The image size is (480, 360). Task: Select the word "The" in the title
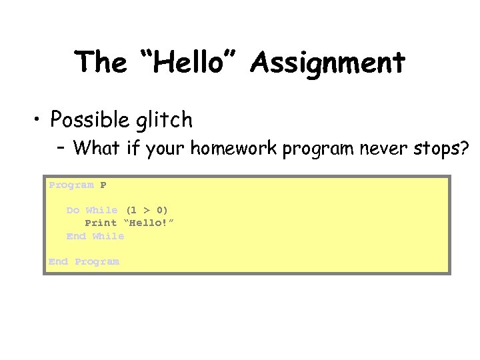click(x=100, y=63)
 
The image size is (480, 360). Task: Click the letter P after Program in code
click(x=103, y=185)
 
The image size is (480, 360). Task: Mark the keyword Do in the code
click(x=73, y=210)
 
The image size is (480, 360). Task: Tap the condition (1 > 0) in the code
click(x=147, y=210)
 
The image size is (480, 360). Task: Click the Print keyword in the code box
click(x=101, y=223)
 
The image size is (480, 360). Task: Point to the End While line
click(x=95, y=236)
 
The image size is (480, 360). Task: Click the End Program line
click(x=84, y=261)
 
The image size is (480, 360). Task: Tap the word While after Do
click(x=101, y=210)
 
